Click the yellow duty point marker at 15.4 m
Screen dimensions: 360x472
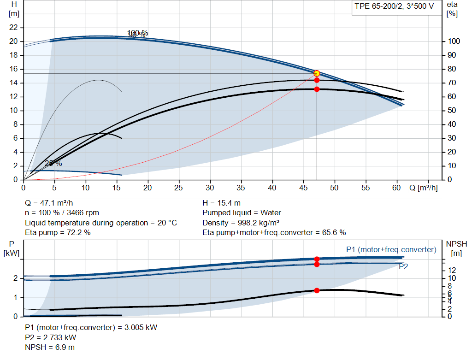coord(317,73)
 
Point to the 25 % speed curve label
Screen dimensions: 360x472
coord(53,163)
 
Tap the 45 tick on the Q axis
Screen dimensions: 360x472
coord(304,188)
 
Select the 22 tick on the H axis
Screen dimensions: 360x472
coord(13,28)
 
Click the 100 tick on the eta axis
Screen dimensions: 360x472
coord(454,41)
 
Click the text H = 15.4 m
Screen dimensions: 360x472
coord(221,203)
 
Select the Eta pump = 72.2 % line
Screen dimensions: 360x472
coord(58,232)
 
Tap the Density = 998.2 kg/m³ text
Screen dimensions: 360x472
coord(241,223)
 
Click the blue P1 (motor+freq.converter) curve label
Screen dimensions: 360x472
coord(391,249)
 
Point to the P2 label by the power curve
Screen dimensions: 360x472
coord(403,266)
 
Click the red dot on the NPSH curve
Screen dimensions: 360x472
coord(317,290)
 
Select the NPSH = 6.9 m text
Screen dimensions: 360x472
coord(50,347)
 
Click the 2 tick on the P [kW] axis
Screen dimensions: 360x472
coord(15,278)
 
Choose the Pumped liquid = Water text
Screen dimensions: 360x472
coord(242,213)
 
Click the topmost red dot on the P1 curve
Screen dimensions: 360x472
coord(317,259)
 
